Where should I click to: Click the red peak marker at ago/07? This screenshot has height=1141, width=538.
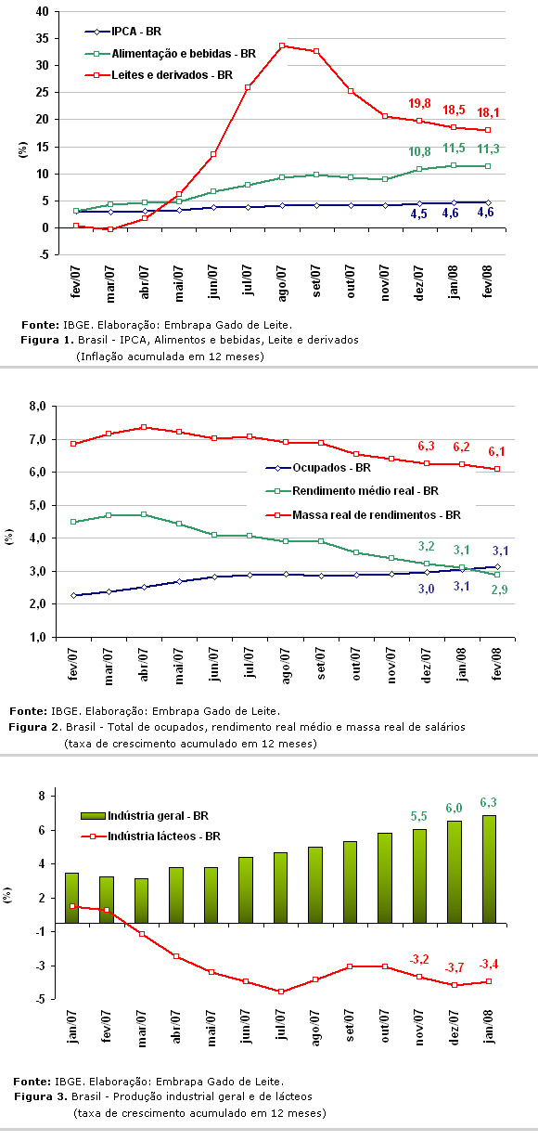[282, 45]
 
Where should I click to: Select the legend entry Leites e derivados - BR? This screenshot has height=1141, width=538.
[159, 75]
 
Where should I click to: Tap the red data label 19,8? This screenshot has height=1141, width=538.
[419, 104]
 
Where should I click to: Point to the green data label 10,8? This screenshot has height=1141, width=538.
[419, 151]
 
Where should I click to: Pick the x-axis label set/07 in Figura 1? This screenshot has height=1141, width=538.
[316, 280]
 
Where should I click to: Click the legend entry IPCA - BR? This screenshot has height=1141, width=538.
[123, 32]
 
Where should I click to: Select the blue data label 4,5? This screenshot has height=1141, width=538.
[419, 214]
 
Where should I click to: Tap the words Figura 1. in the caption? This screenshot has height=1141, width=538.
[47, 340]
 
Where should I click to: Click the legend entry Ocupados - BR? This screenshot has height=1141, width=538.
[318, 468]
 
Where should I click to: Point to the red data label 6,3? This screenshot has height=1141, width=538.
[426, 447]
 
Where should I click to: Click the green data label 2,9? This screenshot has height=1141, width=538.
[499, 590]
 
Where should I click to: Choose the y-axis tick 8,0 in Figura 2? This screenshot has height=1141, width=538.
[38, 407]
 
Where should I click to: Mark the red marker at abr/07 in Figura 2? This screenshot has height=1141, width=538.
[144, 427]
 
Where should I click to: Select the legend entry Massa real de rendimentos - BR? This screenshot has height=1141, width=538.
[363, 515]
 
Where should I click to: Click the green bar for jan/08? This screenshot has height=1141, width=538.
[489, 870]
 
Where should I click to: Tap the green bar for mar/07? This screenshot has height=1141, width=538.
[142, 901]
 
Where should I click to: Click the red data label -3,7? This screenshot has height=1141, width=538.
[454, 967]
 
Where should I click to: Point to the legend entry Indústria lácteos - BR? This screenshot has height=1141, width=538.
[150, 836]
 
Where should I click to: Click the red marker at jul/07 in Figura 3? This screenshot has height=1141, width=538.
[281, 992]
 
